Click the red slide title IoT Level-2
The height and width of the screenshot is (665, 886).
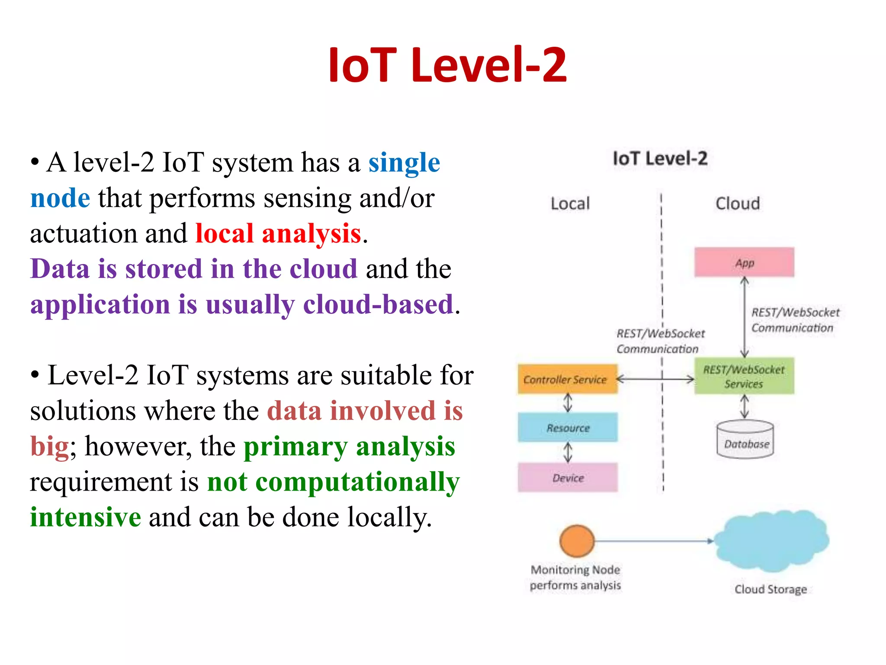pos(447,65)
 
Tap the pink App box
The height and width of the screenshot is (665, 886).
pos(744,262)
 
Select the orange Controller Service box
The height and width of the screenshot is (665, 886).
pos(567,379)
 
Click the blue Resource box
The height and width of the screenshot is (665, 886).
pos(568,428)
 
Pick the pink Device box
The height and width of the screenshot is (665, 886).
pos(568,478)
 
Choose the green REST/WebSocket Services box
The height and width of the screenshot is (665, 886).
pos(744,376)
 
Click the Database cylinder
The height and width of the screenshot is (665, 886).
pos(745,440)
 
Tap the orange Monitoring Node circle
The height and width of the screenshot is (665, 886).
pos(577,541)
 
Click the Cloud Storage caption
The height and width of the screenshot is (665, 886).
pos(770,589)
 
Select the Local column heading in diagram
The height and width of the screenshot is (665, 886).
pos(570,203)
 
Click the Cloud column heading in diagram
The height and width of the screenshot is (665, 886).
pos(738,203)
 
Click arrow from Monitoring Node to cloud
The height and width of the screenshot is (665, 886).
pos(653,541)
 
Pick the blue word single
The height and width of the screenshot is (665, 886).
pos(404,163)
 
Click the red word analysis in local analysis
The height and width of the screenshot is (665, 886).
pos(311,234)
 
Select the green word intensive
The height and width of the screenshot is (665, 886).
pos(85,517)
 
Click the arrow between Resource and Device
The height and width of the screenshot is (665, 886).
pos(568,453)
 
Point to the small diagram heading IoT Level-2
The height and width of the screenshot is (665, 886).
pos(660,158)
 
